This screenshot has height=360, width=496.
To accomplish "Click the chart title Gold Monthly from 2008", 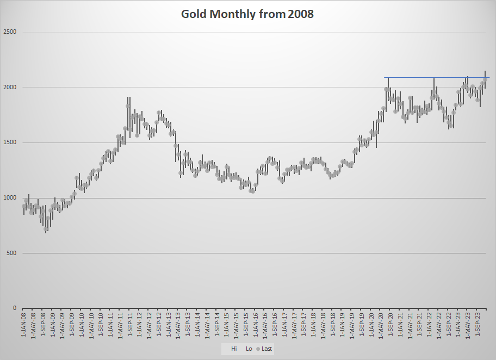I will point(247,14).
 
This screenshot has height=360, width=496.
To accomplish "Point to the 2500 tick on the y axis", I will point(10,32).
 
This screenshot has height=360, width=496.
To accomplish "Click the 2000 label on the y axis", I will point(10,87).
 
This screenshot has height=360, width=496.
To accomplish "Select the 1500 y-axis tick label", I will point(10,142).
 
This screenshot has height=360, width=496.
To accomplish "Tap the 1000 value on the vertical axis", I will point(10,198).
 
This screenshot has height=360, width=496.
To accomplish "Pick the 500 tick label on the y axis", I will point(12,253).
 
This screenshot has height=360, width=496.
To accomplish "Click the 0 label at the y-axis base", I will point(15,308).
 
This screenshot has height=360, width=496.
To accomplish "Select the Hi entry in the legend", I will point(234,349).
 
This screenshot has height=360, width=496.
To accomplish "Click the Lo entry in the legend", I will point(249,349).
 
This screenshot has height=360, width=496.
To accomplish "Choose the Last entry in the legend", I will point(265,349).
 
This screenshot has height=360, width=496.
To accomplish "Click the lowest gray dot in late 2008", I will point(46,229).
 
